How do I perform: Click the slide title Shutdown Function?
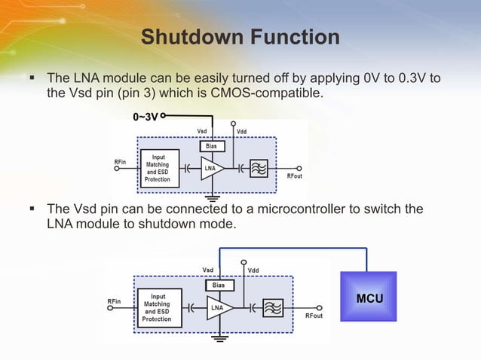[240, 36]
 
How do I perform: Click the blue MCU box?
[369, 299]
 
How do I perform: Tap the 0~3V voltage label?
[145, 117]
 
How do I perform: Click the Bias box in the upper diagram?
[212, 146]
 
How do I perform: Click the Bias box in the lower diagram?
[218, 285]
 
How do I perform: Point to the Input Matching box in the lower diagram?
[158, 308]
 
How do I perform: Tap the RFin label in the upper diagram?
[120, 161]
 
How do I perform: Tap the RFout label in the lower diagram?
[314, 316]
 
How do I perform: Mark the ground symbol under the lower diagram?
[219, 338]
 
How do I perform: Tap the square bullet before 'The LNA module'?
[32, 78]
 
